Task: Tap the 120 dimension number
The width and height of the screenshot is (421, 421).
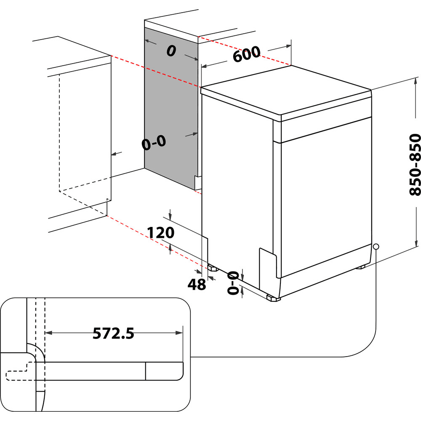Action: click(160, 233)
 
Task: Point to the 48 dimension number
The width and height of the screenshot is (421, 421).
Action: click(197, 285)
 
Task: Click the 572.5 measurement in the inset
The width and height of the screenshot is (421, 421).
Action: click(113, 334)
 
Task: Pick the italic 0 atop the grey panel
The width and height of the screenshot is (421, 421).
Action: click(171, 51)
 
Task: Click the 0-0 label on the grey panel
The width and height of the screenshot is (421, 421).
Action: click(154, 144)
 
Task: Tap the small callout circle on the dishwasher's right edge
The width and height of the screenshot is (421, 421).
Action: click(376, 246)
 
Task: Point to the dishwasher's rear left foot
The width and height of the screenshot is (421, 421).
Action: click(212, 267)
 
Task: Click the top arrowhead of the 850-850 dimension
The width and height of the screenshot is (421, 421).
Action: click(417, 80)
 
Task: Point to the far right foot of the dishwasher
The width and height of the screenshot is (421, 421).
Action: click(361, 267)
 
